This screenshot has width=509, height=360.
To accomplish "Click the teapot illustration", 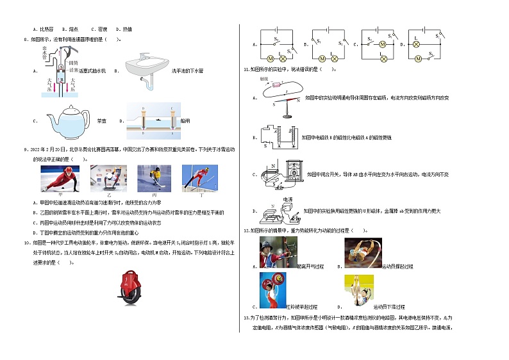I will pyautogui.click(x=58, y=117).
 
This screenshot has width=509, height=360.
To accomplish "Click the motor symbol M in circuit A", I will pyautogui.click(x=271, y=58).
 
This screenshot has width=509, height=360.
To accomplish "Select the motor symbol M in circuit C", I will pyautogui.click(x=382, y=44).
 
